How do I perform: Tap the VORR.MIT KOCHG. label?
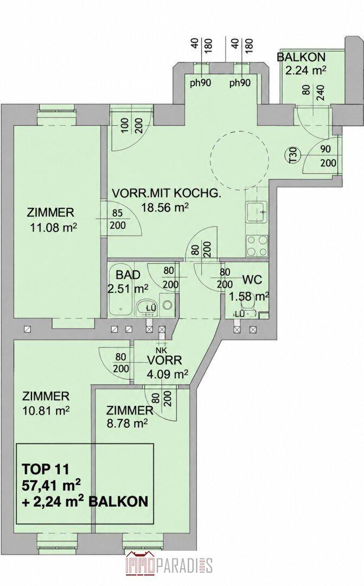[167, 193]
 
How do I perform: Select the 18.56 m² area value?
[164, 208]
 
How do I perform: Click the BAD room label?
[128, 275]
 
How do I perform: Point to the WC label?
[252, 279]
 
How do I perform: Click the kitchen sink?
[257, 212]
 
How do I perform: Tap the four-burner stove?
[257, 246]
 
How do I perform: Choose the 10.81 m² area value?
[46, 411]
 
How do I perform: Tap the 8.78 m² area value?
[127, 423]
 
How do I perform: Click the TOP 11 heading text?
[46, 468]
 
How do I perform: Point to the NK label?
[162, 351]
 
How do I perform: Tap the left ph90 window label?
[201, 82]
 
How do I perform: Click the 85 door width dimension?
[118, 213]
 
